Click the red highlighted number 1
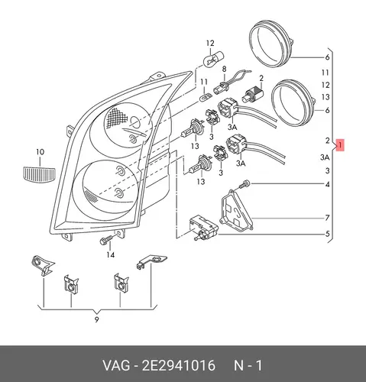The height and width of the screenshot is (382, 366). click(x=340, y=145)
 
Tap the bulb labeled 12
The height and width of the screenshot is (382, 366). click(x=213, y=58)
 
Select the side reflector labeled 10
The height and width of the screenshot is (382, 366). click(x=39, y=175)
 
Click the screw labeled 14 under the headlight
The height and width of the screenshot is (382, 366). click(x=106, y=239)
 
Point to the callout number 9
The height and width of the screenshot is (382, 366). click(x=96, y=319)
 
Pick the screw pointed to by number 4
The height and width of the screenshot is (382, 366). click(x=245, y=184)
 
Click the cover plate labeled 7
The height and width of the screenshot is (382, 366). click(x=236, y=210)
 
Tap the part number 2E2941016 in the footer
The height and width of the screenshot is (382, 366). click(x=178, y=366)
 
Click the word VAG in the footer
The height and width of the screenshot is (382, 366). click(x=116, y=366)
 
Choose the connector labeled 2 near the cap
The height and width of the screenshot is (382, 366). click(x=254, y=93)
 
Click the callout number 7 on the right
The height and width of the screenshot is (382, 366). click(x=327, y=218)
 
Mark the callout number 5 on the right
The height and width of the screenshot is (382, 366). click(x=327, y=233)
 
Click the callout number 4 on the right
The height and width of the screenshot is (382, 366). click(x=327, y=184)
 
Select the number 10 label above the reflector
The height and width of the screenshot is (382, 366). click(x=40, y=152)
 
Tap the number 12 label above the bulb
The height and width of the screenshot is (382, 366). click(x=210, y=43)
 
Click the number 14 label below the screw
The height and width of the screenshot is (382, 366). click(x=110, y=254)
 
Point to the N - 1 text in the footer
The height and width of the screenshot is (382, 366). click(x=248, y=366)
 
